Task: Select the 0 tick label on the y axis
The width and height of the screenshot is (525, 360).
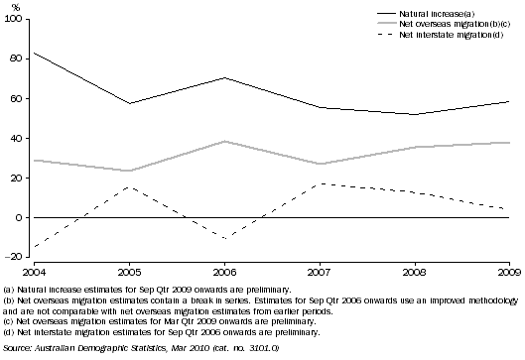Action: click(x=23, y=217)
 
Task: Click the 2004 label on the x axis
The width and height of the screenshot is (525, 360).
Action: click(x=32, y=269)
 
